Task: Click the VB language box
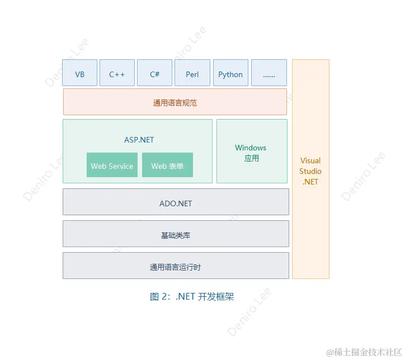80,73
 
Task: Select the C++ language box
117,73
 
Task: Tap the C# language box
155,73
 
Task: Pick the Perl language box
192,73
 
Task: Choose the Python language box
230,73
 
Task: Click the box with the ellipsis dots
269,73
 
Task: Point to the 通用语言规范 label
175,103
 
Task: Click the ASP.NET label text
139,140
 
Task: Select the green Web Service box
112,165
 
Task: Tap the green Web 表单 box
167,165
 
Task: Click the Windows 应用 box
251,152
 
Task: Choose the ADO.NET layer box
176,203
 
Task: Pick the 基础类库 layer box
176,235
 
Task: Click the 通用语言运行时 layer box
176,267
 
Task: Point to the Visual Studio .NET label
310,171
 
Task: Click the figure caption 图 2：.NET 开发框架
192,297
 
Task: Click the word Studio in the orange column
310,171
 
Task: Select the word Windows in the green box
251,148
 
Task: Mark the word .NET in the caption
185,297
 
